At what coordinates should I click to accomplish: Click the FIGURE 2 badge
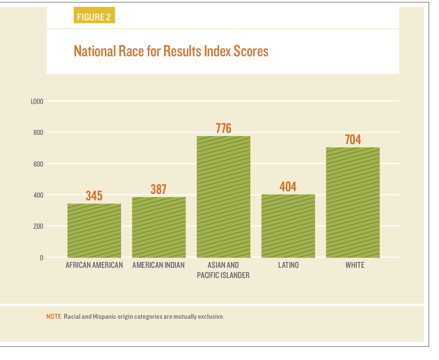click(x=94, y=17)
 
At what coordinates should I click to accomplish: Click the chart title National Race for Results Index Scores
click(x=170, y=51)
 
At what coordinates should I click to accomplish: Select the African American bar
click(x=94, y=230)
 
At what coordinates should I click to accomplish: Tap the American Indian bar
click(x=159, y=227)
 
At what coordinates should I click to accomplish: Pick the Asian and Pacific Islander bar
click(x=224, y=197)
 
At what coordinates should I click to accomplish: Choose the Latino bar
click(x=288, y=226)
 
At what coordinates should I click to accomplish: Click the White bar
click(x=353, y=202)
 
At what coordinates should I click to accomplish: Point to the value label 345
click(x=94, y=196)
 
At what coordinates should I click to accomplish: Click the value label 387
click(x=159, y=189)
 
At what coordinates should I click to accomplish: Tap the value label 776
click(x=224, y=128)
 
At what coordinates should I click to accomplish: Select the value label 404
click(x=288, y=187)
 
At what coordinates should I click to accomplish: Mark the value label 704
click(x=353, y=140)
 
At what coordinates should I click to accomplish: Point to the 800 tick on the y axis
click(x=37, y=132)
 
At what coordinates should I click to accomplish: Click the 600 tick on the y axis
click(x=37, y=164)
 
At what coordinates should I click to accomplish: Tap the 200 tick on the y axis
click(x=37, y=227)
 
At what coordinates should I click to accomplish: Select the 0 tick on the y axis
click(x=41, y=258)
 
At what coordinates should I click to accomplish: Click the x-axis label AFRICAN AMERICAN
click(x=94, y=265)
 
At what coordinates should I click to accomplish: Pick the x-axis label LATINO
click(x=288, y=265)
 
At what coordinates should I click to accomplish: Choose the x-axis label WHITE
click(x=355, y=265)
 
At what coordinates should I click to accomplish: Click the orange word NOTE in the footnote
click(x=54, y=317)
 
